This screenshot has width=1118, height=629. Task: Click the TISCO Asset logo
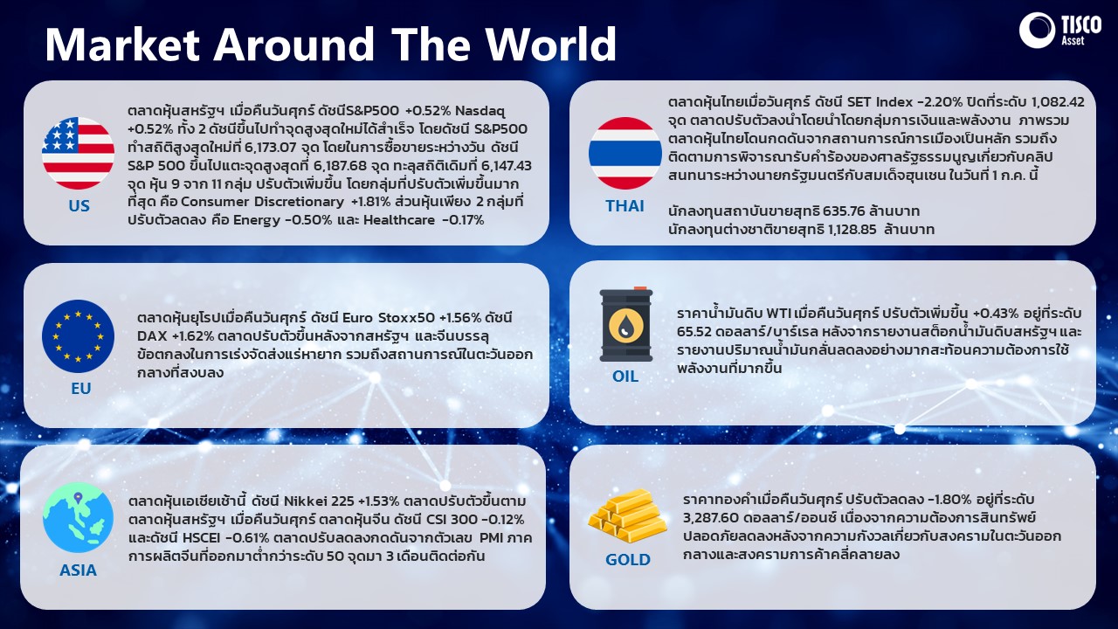[x=1059, y=31]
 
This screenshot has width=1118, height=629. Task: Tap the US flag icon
[x=78, y=153]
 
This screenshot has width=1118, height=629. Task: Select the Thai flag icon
[x=625, y=153]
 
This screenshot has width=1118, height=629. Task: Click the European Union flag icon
[x=78, y=336]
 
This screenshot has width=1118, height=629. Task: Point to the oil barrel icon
[x=626, y=324]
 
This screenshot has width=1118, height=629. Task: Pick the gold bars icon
[x=627, y=515]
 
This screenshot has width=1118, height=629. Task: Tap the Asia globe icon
[x=78, y=517]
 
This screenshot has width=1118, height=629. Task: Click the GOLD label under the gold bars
[x=627, y=560]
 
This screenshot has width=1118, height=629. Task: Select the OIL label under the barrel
[x=625, y=377]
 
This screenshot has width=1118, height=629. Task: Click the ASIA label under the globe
[x=78, y=570]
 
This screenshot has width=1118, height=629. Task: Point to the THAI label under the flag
[x=625, y=205]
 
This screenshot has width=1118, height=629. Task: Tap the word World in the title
[x=551, y=44]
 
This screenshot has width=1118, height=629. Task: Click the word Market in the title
[x=122, y=44]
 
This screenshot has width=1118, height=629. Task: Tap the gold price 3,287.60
[x=711, y=518]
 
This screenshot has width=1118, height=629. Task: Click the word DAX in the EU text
[x=152, y=336]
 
